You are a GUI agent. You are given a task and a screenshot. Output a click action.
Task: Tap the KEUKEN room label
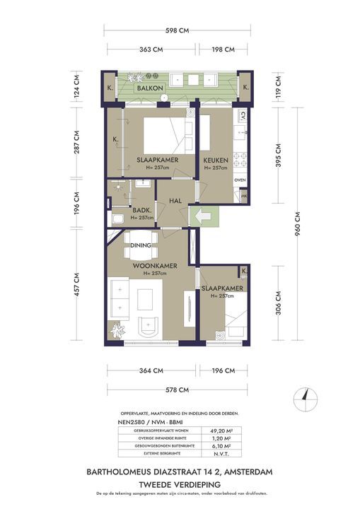(214, 160)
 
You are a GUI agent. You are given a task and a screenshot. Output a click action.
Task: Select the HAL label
(176, 201)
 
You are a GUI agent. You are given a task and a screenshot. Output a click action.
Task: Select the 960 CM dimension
(298, 224)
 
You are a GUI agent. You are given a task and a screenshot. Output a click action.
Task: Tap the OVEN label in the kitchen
(240, 180)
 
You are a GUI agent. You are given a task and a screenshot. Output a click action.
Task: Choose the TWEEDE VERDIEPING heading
(179, 483)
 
